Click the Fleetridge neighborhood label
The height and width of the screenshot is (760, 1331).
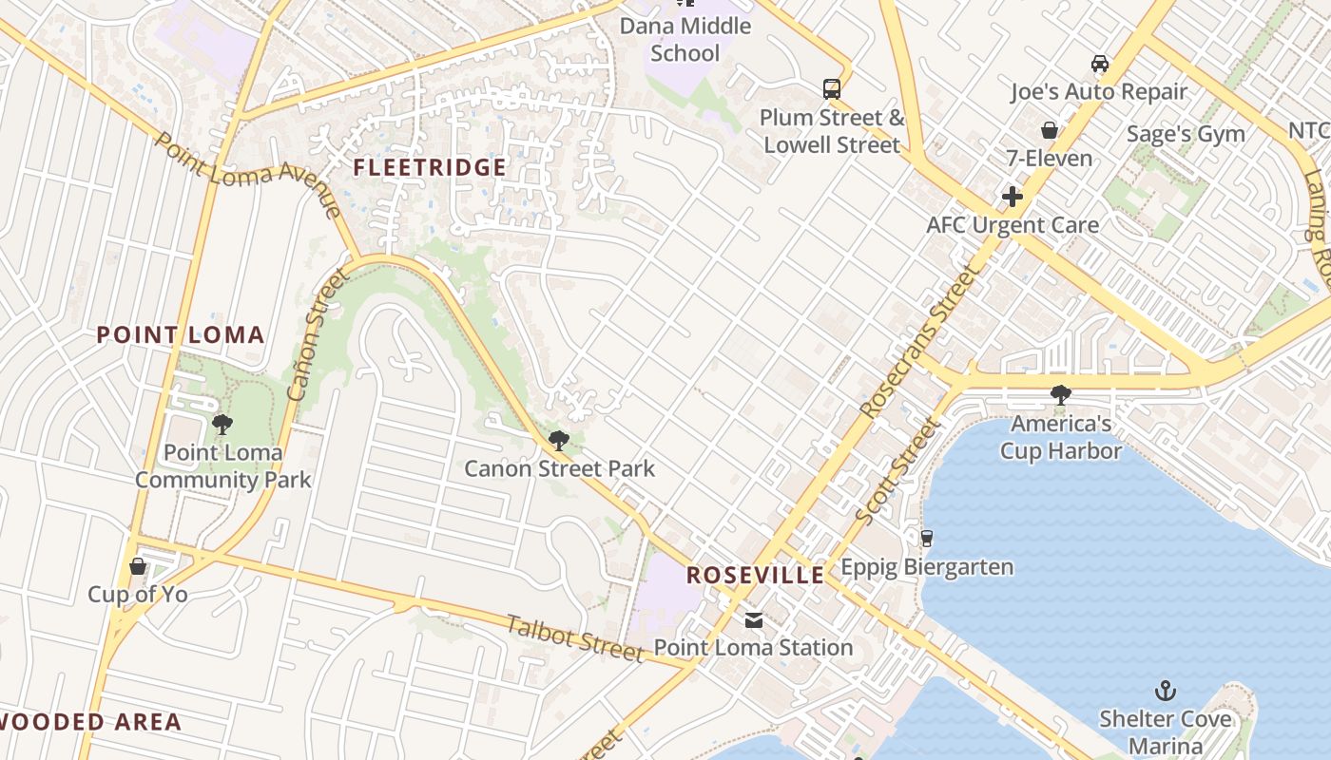(x=430, y=168)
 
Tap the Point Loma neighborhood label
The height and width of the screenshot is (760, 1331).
(x=181, y=334)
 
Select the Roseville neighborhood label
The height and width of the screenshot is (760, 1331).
(x=756, y=575)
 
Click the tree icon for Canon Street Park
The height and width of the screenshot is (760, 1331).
(x=559, y=441)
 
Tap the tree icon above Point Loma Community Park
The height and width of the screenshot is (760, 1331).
(x=222, y=425)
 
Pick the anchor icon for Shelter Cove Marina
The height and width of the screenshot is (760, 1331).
(x=1165, y=691)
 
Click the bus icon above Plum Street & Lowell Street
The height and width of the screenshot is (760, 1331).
(x=832, y=89)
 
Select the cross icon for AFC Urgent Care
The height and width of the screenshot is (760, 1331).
(x=1013, y=197)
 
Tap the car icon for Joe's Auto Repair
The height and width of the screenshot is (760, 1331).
(x=1100, y=64)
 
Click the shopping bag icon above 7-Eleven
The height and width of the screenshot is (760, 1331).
(x=1050, y=130)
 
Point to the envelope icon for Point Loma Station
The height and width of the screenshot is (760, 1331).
(x=753, y=620)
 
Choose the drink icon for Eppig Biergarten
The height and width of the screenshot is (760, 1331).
(x=927, y=539)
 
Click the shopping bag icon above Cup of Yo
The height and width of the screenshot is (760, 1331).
(x=138, y=567)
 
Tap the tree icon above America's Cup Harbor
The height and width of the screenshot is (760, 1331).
(x=1060, y=395)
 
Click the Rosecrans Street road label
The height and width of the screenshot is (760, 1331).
(x=918, y=344)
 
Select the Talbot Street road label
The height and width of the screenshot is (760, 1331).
(x=575, y=638)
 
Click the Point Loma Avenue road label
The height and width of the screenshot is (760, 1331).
(x=247, y=174)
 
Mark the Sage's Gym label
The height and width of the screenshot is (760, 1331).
(x=1186, y=134)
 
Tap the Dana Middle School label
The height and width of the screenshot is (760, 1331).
(x=685, y=39)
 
